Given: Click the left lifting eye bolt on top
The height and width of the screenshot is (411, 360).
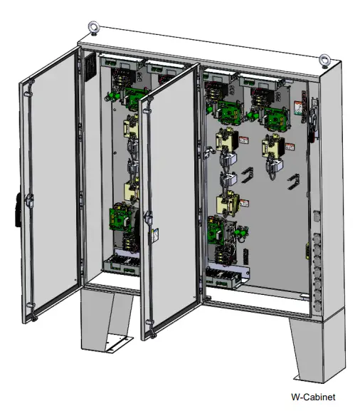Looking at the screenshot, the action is tap(93, 28).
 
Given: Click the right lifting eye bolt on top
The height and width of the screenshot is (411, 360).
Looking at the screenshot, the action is tap(324, 61).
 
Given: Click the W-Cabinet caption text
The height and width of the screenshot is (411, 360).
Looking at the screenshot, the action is tap(313, 397).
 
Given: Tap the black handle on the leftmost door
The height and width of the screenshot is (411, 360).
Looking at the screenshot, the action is tap(18, 210).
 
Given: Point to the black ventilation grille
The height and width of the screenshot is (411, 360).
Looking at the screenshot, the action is tap(90, 68).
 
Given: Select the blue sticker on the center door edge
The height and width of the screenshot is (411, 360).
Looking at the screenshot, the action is tap(154, 235).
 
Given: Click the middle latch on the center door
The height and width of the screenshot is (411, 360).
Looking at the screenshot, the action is tap(148, 217).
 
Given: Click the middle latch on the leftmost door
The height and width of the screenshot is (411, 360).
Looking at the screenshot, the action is tap(29, 200).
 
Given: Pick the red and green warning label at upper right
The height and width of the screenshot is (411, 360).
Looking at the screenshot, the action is tap(298, 108).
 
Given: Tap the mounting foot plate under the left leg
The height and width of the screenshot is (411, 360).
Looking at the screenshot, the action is tap(119, 344).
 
